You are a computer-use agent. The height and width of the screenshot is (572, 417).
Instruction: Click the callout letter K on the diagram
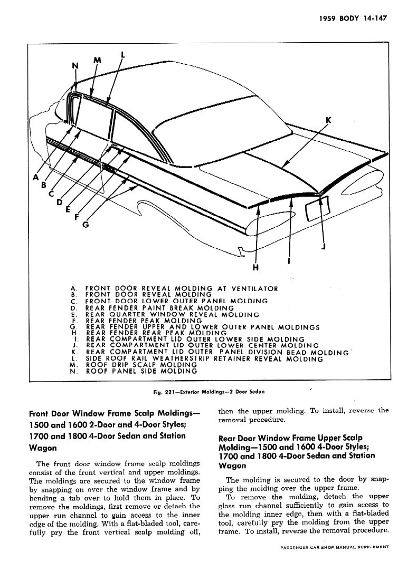tap(328, 120)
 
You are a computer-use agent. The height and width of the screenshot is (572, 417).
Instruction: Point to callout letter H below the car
tap(256, 267)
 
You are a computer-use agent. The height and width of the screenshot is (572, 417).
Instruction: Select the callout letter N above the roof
tap(74, 66)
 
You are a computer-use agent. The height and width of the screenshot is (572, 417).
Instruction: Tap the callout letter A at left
tap(36, 178)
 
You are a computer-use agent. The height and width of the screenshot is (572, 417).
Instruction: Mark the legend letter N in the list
tap(74, 371)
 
